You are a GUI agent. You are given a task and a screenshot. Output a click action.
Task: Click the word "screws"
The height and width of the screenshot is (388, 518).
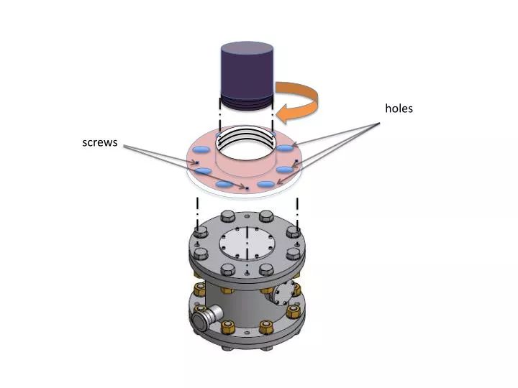pos(100,142)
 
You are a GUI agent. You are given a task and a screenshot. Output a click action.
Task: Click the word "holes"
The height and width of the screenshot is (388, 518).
pos(399,108)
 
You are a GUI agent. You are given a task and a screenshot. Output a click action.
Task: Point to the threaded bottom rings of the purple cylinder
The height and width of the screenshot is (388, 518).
pos(247,102)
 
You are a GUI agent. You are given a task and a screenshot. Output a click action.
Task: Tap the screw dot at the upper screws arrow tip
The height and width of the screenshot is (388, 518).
pos(197,162)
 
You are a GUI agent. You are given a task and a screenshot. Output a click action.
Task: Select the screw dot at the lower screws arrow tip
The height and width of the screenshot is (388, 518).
pos(247,188)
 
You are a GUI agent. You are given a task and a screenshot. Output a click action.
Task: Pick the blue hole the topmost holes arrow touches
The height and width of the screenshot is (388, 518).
pos(283,148)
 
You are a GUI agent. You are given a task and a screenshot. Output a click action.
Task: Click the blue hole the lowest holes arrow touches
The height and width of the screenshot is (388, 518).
pos(266,184)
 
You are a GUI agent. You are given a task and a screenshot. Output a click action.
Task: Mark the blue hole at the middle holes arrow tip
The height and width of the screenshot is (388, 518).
pos(284,170)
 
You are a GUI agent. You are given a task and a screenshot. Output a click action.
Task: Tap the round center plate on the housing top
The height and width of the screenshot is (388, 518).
pos(247,244)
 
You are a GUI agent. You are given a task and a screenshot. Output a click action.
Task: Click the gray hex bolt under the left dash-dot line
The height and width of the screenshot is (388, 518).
pos(200,231)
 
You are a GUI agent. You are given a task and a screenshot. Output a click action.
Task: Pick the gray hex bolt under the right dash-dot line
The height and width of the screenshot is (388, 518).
pos(293,231)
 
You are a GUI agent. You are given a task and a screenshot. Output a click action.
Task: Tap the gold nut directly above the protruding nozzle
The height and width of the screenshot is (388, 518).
pos(199,290)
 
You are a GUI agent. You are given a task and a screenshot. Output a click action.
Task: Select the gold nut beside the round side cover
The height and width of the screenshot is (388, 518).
pos(296,289)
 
